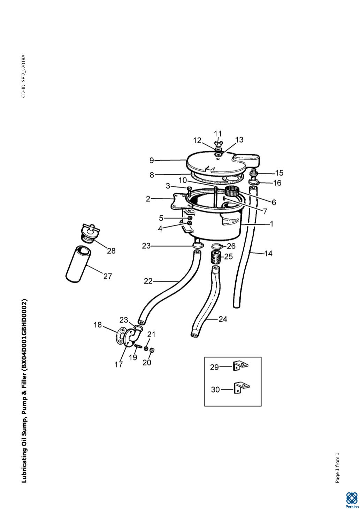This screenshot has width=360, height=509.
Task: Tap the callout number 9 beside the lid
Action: [x=152, y=160]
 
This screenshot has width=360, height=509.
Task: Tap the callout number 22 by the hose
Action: [x=148, y=281]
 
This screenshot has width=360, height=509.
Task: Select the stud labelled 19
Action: [x=138, y=346]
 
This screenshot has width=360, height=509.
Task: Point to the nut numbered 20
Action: [x=153, y=350]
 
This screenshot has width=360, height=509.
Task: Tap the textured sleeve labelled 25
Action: [x=215, y=257]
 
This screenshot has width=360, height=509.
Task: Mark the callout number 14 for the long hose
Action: [x=268, y=253]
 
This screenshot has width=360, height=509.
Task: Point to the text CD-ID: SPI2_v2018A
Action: [x=24, y=76]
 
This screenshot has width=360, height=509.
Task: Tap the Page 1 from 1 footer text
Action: [x=337, y=468]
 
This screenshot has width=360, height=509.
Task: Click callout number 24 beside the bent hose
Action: [x=223, y=319]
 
